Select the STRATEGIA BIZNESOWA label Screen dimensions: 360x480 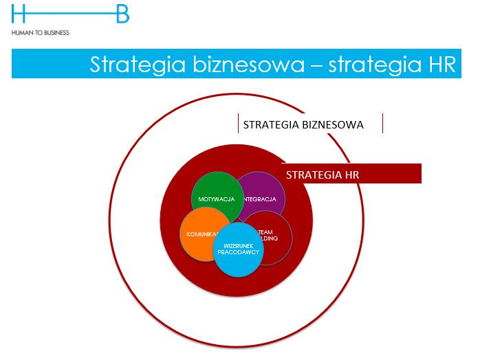tap(303, 124)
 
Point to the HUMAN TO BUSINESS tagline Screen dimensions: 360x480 tap(41, 32)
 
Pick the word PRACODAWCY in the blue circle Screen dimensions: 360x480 tap(238, 253)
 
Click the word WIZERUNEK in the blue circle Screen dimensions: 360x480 tap(238, 246)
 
